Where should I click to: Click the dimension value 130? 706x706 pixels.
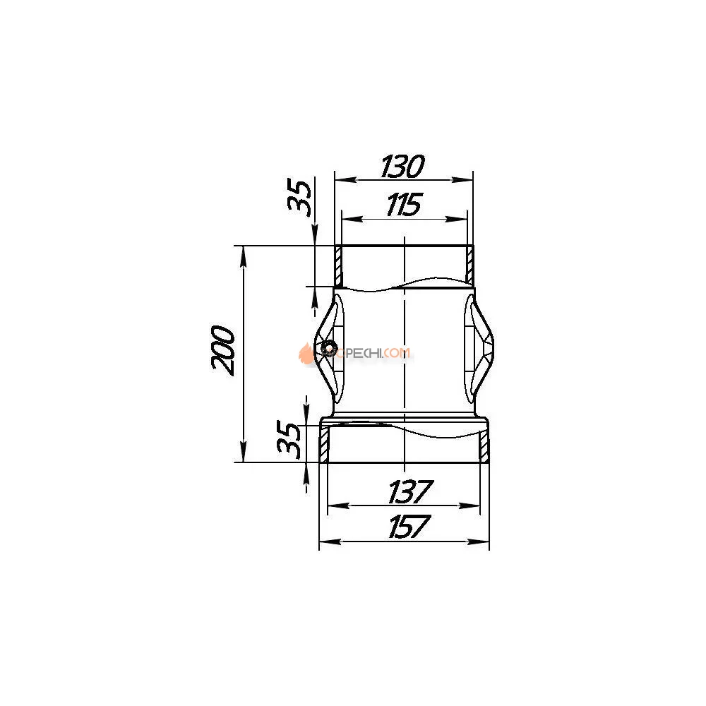pos(402,167)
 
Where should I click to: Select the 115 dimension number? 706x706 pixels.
pos(403,205)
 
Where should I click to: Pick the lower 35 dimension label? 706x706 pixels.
pos(289,440)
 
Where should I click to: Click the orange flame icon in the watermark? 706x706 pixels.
pos(306,353)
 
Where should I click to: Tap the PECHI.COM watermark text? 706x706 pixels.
pos(374,352)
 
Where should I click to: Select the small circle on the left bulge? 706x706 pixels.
pos(327,347)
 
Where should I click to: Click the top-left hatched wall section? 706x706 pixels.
pos(338,265)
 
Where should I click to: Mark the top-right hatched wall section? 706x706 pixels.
pos(469,265)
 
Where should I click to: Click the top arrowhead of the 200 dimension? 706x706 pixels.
pos(244,253)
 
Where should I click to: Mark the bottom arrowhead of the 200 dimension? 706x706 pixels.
pos(244,455)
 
